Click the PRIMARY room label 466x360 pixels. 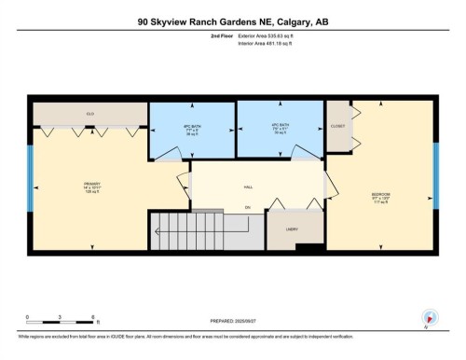click(x=90, y=184)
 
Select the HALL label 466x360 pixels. click(x=249, y=186)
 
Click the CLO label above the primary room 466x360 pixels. click(x=90, y=114)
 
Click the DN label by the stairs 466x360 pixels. click(x=248, y=206)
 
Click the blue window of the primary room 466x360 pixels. click(x=33, y=186)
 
